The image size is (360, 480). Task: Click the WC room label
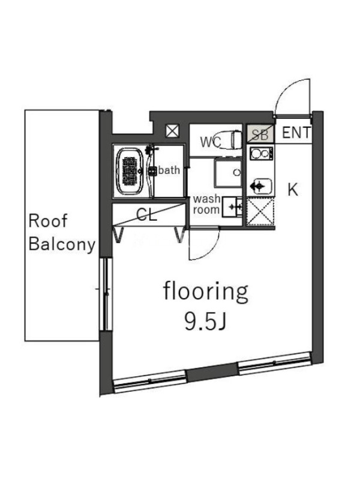[211, 142]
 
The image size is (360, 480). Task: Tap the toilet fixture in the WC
[230, 140]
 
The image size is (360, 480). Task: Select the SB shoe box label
[260, 134]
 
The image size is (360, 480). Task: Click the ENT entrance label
[296, 133]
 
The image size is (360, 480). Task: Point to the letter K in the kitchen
[293, 190]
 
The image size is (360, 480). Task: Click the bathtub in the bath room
[131, 171]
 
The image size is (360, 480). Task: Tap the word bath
[169, 170]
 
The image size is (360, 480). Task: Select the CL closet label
[146, 215]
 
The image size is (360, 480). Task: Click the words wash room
[206, 205]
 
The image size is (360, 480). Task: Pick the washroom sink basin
[232, 207]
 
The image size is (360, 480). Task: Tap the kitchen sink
[259, 186]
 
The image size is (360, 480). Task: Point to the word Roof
[48, 221]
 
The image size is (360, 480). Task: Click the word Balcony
[62, 245]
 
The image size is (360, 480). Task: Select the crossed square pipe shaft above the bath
[172, 131]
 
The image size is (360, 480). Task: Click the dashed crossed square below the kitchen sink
[260, 212]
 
